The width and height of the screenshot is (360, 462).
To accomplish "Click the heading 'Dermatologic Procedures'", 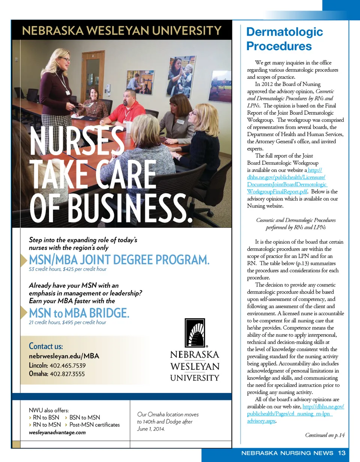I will point(284,39).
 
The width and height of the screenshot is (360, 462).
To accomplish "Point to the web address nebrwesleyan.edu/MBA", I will point(64,356).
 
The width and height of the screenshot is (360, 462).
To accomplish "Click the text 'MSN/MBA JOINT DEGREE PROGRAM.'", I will point(119,260).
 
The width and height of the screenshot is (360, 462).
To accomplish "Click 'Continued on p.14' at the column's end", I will point(325,435).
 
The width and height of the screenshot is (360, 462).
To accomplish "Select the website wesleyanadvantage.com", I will point(57,432).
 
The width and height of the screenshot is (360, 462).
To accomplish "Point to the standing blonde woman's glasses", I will point(64,59).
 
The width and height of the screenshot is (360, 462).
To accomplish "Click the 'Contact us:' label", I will point(46,346).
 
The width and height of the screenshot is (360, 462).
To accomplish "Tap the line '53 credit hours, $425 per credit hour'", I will point(67,269).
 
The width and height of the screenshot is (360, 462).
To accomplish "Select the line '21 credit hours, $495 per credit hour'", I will point(67,322).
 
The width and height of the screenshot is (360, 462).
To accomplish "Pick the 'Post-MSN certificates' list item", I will point(94,425).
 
